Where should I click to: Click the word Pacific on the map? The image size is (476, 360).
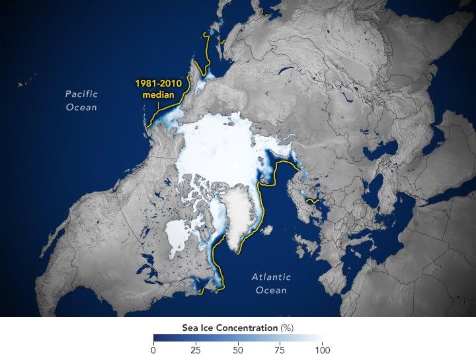(x=81, y=94)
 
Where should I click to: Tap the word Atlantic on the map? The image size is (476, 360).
(x=271, y=277)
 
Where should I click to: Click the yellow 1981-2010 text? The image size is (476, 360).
(x=158, y=84)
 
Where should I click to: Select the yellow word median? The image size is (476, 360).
(x=159, y=95)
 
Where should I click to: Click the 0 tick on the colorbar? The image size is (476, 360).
(x=153, y=349)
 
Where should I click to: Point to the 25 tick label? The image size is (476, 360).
(x=195, y=349)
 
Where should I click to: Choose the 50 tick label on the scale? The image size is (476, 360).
(x=237, y=349)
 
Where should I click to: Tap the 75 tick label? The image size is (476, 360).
(x=280, y=349)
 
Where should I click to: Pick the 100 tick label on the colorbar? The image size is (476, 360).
(x=322, y=349)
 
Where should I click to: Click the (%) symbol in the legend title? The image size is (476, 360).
(x=285, y=327)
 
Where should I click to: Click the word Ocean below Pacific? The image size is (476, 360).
(x=81, y=107)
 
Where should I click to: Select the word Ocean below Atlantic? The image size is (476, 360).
(x=271, y=291)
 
